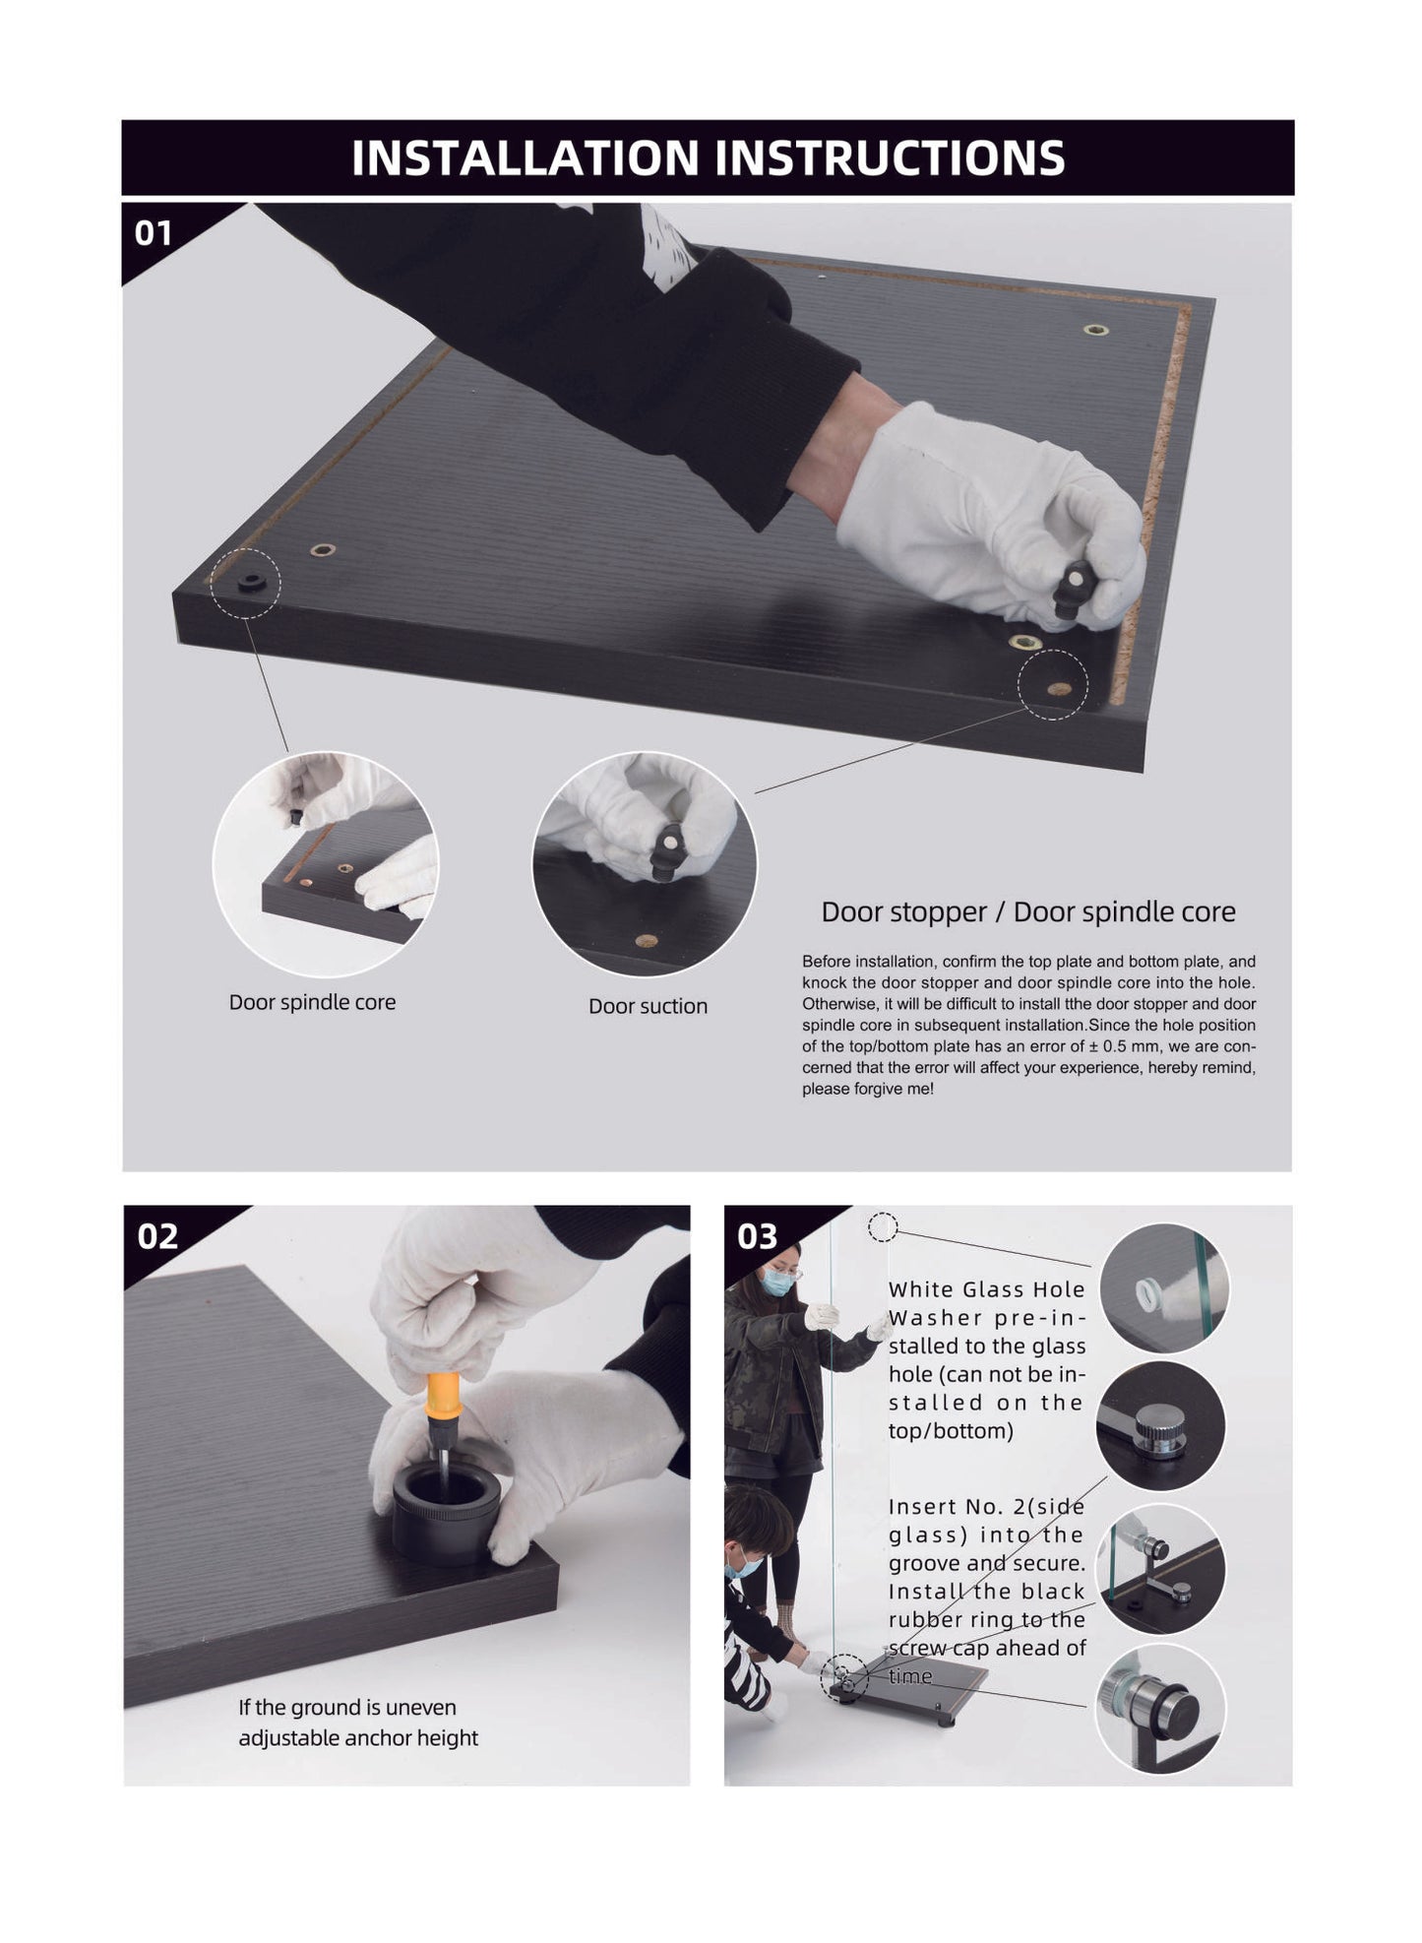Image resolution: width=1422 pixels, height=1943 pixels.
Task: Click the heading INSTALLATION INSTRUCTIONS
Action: pyautogui.click(x=708, y=157)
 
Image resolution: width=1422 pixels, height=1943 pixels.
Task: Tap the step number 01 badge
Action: pyautogui.click(x=154, y=233)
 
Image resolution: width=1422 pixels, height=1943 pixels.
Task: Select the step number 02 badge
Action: pyautogui.click(x=157, y=1236)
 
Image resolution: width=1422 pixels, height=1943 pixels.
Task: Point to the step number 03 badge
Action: pyautogui.click(x=758, y=1236)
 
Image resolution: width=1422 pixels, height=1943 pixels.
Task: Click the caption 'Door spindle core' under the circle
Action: pyautogui.click(x=312, y=1002)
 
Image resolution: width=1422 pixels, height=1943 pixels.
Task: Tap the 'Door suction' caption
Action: pyautogui.click(x=648, y=1006)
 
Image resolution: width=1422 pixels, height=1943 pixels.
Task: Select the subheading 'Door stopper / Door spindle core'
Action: pyautogui.click(x=1028, y=911)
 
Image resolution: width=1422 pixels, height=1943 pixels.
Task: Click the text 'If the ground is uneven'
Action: pyautogui.click(x=347, y=1708)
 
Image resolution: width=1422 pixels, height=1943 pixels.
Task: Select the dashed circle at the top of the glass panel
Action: pyautogui.click(x=883, y=1226)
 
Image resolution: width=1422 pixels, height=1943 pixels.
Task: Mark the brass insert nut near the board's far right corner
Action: pyautogui.click(x=1094, y=330)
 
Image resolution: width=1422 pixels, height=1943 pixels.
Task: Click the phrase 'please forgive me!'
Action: pyautogui.click(x=868, y=1090)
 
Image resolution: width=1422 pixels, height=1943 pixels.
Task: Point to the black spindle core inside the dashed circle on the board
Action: pyautogui.click(x=251, y=583)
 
